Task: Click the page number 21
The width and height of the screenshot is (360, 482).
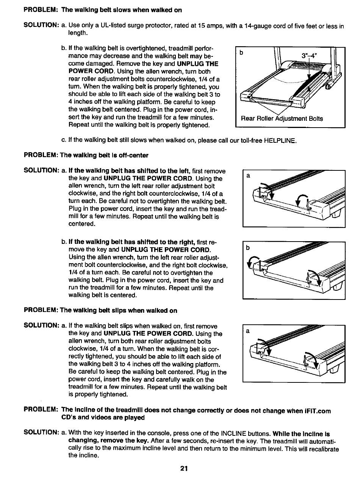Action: pos(184,468)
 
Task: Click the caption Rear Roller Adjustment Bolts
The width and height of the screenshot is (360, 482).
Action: pos(282,119)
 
